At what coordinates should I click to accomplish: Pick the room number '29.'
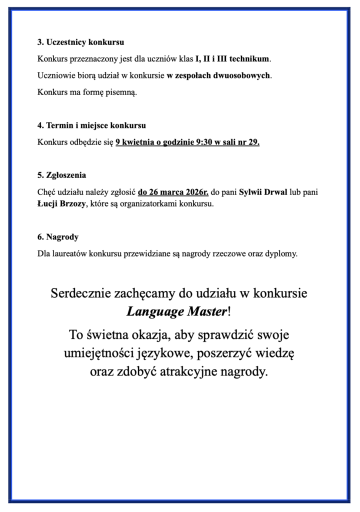pyautogui.click(x=253, y=142)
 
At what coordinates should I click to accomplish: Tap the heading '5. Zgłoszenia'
pyautogui.click(x=61, y=175)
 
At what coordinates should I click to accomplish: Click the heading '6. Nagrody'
pyautogui.click(x=57, y=237)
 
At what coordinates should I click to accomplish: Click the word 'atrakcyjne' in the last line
pyautogui.click(x=184, y=372)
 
